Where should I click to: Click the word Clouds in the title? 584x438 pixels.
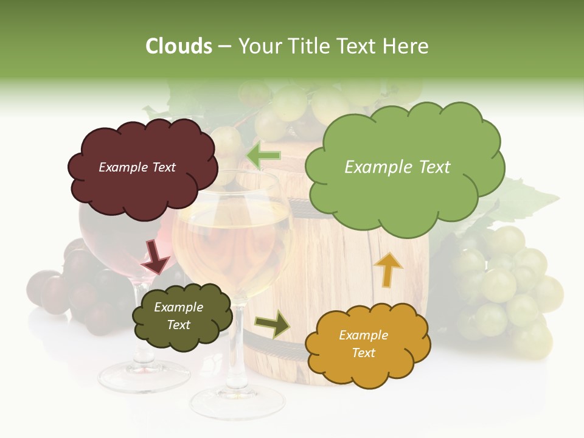179,46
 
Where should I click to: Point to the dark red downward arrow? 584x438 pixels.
155,256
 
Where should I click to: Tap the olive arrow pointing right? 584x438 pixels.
273,324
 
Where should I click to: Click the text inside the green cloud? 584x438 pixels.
397,167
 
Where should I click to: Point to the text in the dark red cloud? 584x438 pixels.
137,167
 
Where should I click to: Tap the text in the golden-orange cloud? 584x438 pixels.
363,344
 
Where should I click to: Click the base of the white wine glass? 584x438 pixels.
237,402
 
